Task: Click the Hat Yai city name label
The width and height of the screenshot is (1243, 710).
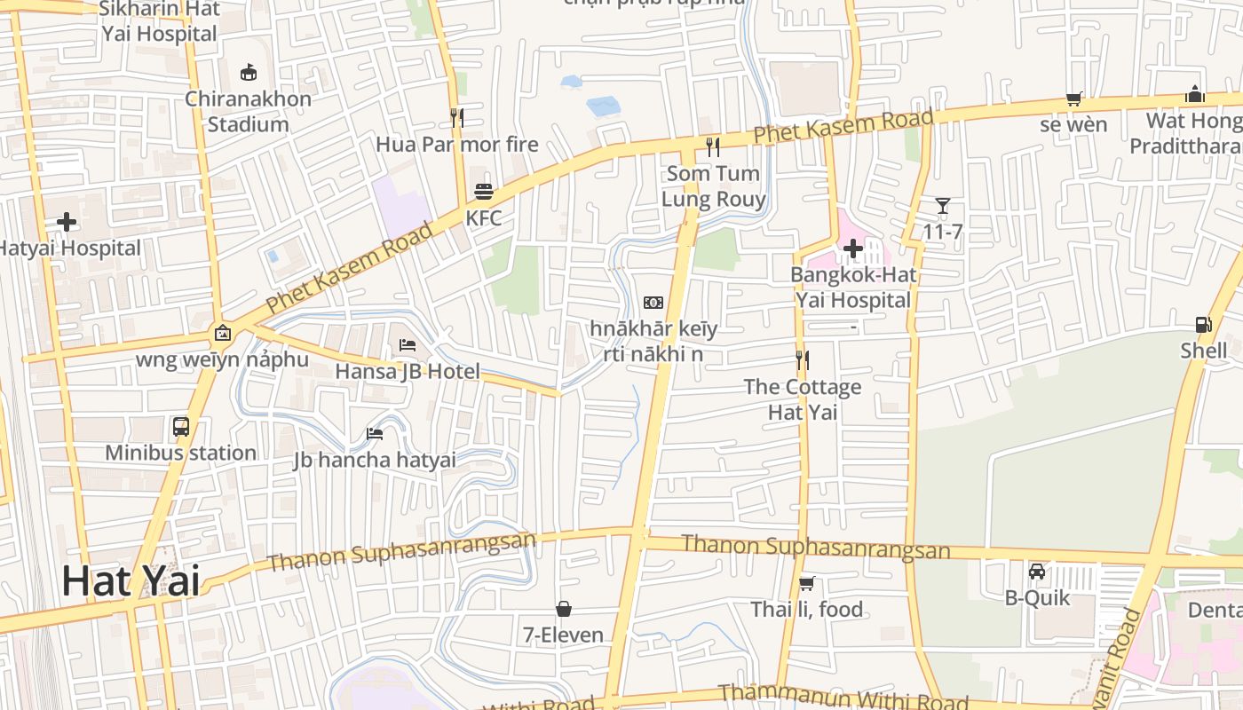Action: click(x=131, y=581)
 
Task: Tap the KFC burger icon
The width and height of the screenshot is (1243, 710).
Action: click(x=484, y=192)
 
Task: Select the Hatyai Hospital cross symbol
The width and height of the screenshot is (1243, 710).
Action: click(x=67, y=222)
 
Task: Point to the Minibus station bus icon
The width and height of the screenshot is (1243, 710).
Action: click(x=181, y=427)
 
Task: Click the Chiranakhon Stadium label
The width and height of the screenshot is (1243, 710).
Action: click(x=248, y=111)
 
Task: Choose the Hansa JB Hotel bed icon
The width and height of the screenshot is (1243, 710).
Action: click(x=408, y=344)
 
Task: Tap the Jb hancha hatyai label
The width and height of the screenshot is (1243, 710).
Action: click(x=375, y=460)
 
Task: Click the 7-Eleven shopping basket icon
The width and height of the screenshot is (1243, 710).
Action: click(x=563, y=609)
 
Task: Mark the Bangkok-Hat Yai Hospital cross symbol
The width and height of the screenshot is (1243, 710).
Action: click(x=853, y=248)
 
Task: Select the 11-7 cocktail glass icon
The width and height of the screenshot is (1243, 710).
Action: click(x=942, y=207)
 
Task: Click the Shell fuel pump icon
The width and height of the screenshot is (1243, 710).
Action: click(x=1204, y=325)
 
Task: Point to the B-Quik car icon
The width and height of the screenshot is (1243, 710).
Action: click(x=1037, y=571)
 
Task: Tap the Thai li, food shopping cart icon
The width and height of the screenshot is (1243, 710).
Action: click(x=806, y=583)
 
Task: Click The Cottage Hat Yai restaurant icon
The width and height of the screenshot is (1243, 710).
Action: click(x=803, y=360)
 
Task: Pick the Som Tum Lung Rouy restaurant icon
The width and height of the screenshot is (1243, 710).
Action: click(x=713, y=146)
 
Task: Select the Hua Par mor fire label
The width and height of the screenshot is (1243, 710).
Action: click(x=457, y=144)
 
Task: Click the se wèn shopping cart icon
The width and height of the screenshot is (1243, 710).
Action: click(x=1074, y=99)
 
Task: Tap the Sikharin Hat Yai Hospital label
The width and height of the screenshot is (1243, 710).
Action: click(x=159, y=21)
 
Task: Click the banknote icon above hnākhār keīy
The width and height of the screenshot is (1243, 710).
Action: click(x=653, y=303)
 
